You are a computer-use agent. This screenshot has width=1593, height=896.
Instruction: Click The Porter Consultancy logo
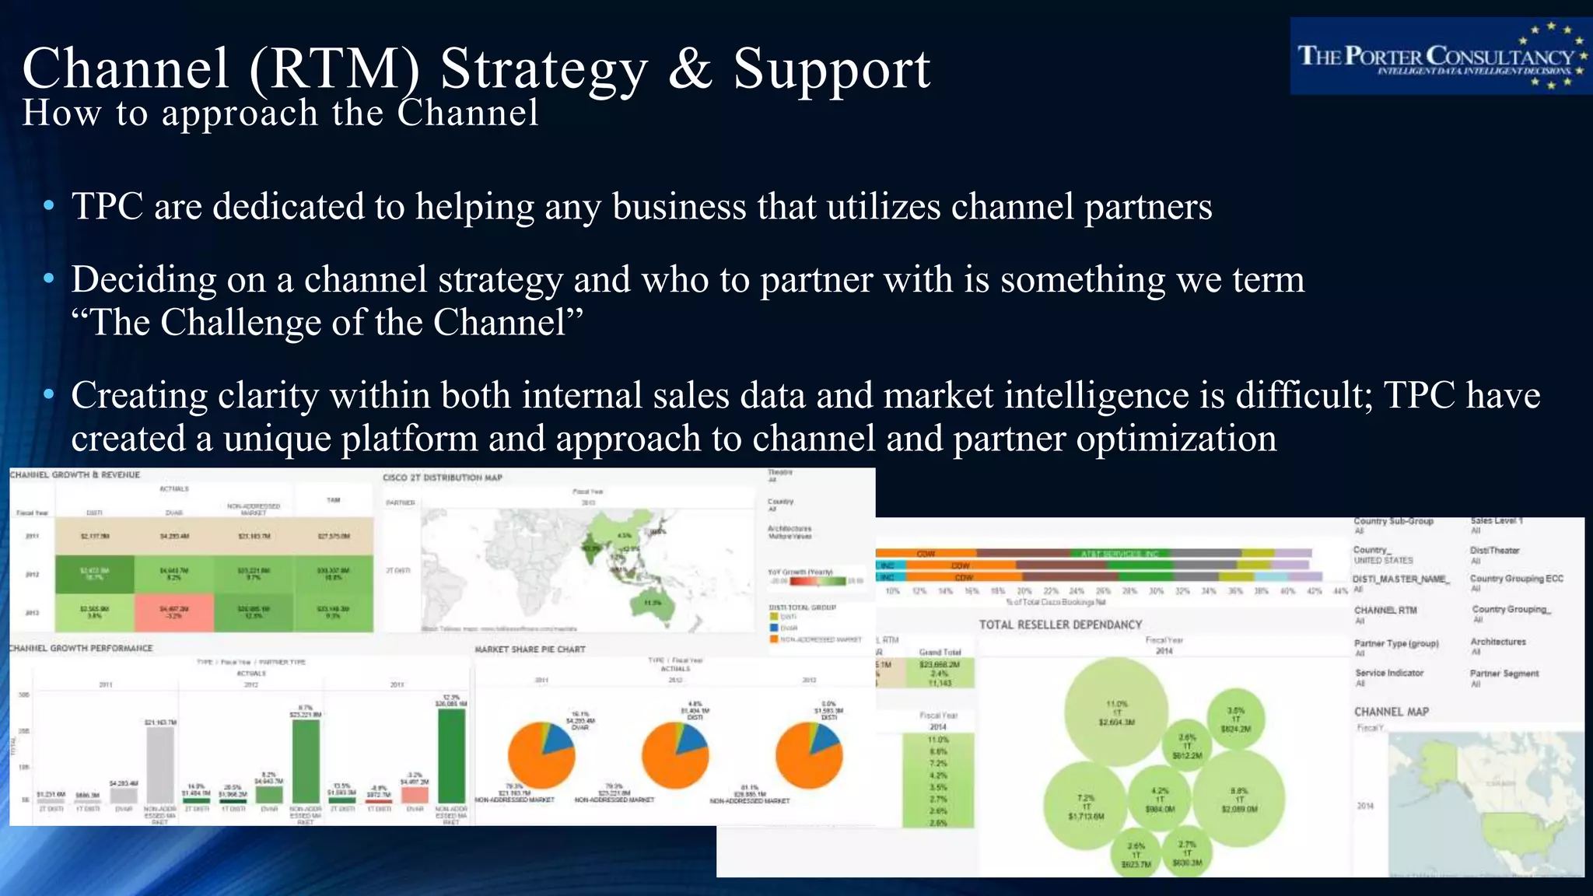pos(1440,56)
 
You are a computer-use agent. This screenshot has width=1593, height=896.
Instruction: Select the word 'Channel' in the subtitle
pos(467,114)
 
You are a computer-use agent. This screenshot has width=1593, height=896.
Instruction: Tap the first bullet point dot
pos(49,206)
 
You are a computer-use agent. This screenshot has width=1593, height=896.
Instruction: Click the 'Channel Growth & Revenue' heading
pos(75,474)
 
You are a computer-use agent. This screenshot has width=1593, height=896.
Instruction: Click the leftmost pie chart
pos(541,755)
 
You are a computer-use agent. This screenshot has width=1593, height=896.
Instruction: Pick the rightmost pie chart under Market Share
pos(809,755)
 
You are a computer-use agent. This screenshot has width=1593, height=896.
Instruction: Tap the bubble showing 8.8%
pos(1238,802)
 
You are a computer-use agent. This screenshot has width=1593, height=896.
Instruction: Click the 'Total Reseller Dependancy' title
pos(1060,625)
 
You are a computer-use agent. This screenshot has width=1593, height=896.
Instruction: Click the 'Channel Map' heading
pos(1391,712)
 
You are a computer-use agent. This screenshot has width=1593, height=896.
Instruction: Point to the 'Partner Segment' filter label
pos(1504,674)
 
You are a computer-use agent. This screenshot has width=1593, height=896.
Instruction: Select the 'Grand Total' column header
pos(939,652)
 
